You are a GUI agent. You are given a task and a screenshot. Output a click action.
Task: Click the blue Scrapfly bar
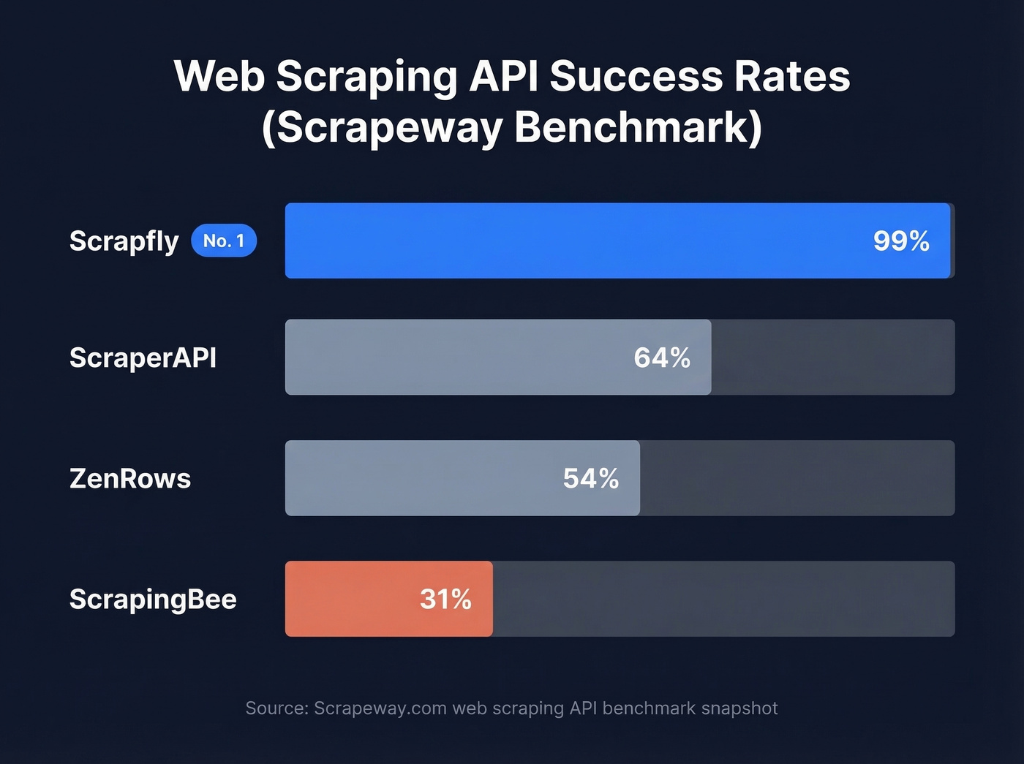pyautogui.click(x=571, y=241)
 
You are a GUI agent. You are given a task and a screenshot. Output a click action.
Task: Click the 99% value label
pyautogui.click(x=901, y=241)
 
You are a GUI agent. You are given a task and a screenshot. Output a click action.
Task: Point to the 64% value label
pyautogui.click(x=662, y=358)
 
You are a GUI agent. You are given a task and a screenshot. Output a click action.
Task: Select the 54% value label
pyautogui.click(x=591, y=478)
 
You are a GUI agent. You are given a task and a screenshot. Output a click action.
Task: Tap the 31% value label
pyautogui.click(x=445, y=599)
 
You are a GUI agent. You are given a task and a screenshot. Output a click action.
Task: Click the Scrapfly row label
pyautogui.click(x=124, y=241)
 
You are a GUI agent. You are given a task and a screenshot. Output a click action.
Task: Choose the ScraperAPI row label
pyautogui.click(x=143, y=358)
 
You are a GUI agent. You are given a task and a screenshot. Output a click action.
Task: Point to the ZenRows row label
pyautogui.click(x=130, y=478)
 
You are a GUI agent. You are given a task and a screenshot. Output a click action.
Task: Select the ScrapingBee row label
pyautogui.click(x=153, y=599)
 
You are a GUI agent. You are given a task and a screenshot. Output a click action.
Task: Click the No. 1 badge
pyautogui.click(x=224, y=241)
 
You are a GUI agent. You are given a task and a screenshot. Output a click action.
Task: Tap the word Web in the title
pyautogui.click(x=219, y=75)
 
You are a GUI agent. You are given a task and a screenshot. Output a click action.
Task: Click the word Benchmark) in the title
pyautogui.click(x=638, y=127)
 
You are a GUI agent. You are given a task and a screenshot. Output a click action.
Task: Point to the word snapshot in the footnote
pyautogui.click(x=739, y=708)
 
